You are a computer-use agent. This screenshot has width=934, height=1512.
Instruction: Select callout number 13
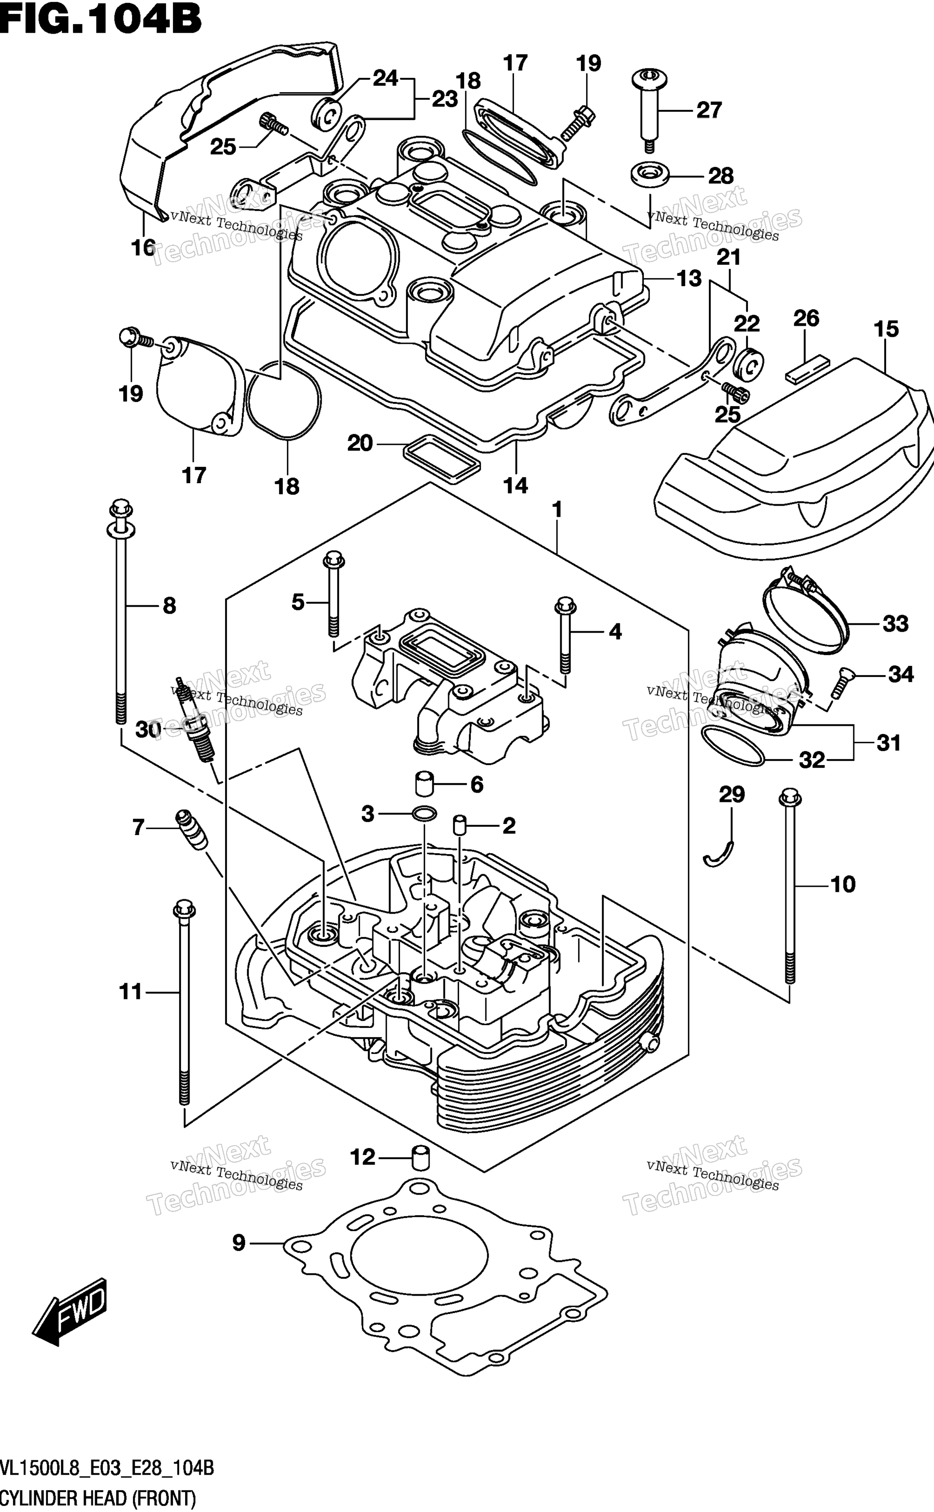[x=689, y=279]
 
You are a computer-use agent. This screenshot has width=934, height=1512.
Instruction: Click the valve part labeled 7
[x=192, y=830]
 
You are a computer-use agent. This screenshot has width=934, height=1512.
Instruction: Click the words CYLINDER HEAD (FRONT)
[x=98, y=1499]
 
